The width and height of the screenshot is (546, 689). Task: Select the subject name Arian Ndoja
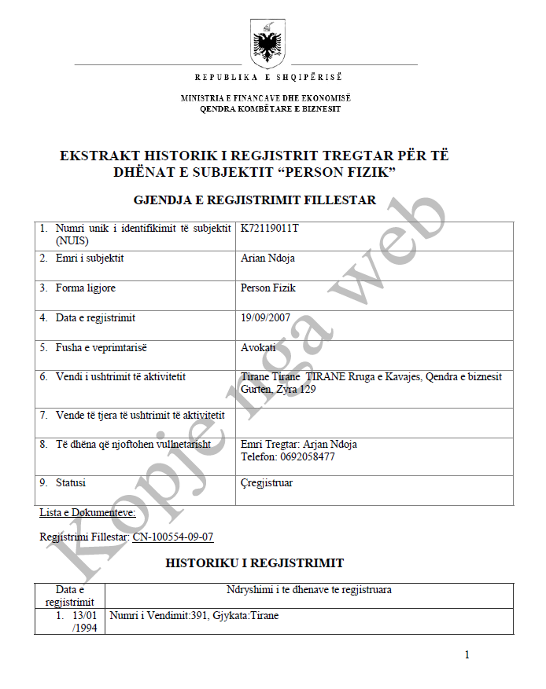click(267, 258)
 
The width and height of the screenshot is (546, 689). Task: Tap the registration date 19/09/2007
click(265, 318)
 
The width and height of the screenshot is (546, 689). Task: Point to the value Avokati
click(258, 348)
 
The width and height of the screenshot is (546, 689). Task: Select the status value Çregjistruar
click(267, 482)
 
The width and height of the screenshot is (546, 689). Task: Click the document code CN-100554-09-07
click(173, 537)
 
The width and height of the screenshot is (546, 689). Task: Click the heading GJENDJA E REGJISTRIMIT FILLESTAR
click(255, 200)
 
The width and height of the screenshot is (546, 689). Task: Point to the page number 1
click(467, 654)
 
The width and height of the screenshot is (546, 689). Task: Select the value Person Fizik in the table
click(268, 288)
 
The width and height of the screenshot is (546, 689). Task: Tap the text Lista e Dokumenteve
click(87, 513)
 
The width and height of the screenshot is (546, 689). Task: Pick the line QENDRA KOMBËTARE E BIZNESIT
click(270, 108)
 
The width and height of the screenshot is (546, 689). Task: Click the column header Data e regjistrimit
click(70, 596)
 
